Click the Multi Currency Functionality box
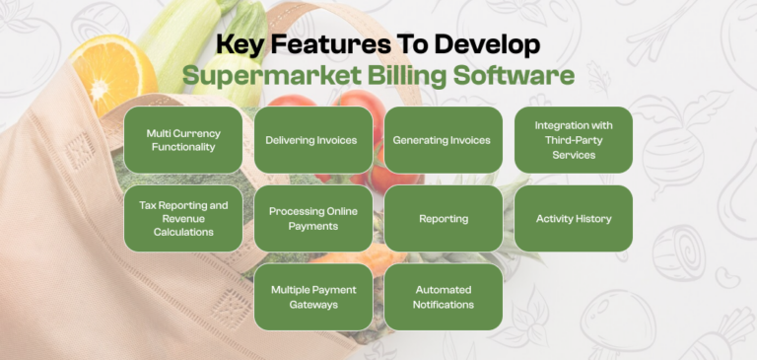tap(182, 140)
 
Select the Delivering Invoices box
tap(311, 140)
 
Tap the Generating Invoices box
tap(442, 140)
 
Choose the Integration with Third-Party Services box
tap(573, 140)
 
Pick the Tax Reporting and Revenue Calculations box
tap(182, 218)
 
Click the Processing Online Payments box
tap(311, 218)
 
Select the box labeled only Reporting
tap(443, 218)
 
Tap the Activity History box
tap(573, 218)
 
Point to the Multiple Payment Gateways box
tap(311, 297)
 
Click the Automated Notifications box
tap(443, 297)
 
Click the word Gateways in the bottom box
tap(312, 305)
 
